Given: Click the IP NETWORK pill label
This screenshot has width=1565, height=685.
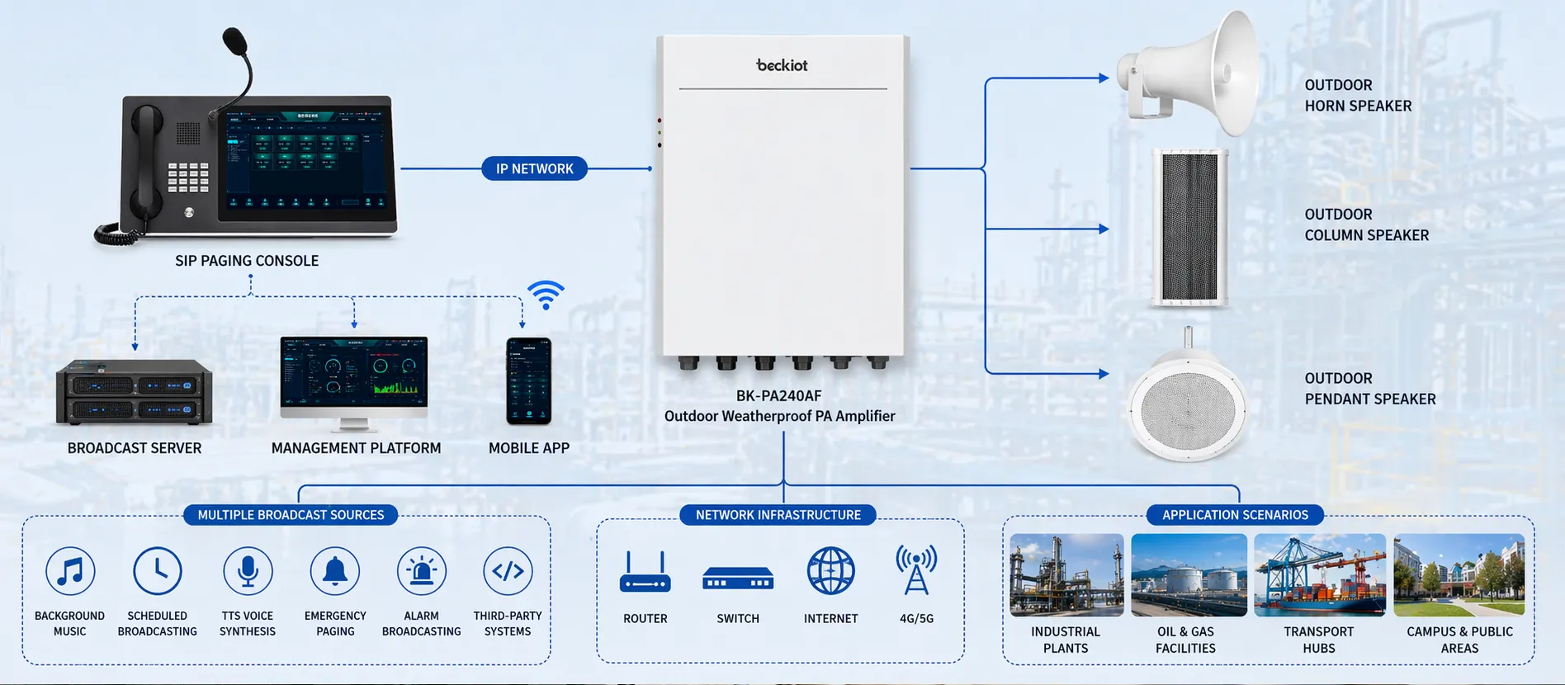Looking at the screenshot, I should (534, 168).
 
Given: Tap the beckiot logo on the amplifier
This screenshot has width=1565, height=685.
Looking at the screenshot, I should (782, 64).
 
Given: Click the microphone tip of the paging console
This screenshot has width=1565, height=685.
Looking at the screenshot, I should (234, 40).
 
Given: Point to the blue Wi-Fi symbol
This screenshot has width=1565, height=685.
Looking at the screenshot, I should (546, 295).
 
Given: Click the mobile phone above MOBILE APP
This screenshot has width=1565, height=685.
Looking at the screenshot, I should (528, 380).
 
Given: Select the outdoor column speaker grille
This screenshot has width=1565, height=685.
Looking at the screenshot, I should (1189, 227).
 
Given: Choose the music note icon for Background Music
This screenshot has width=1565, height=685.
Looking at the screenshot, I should (70, 571).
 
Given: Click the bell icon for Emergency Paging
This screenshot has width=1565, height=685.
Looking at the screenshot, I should (334, 571).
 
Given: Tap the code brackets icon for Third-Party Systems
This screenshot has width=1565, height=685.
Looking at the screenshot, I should (508, 571).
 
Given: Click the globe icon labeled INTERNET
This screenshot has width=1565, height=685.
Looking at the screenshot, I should (830, 571).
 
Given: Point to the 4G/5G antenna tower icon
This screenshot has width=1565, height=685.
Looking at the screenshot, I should (916, 569).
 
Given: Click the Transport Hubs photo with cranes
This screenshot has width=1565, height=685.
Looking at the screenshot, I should (1319, 575).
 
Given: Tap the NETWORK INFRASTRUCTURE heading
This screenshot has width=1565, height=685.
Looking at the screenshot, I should (778, 515).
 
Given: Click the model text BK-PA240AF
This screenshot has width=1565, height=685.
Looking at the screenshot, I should (778, 395).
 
